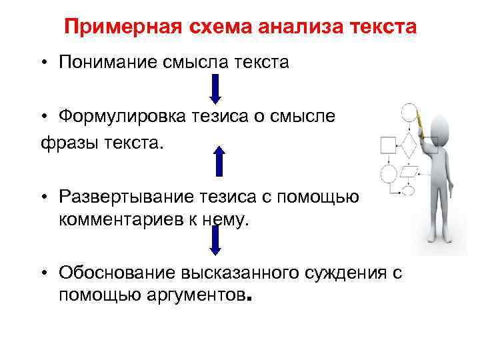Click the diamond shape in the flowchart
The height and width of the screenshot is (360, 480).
pyautogui.click(x=407, y=143)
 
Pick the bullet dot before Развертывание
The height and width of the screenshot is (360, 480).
pyautogui.click(x=42, y=197)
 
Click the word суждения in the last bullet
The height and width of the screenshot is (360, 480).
pyautogui.click(x=347, y=272)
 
